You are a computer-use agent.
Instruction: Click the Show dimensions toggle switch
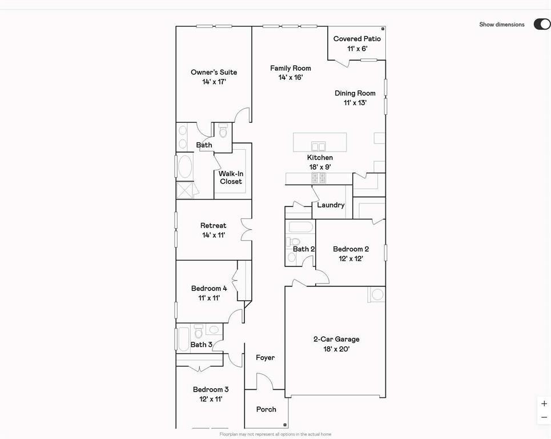(x=541, y=24)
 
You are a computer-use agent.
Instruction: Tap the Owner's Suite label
(x=214, y=73)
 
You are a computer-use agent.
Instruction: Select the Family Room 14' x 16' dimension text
(x=290, y=77)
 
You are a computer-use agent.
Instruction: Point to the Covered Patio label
(x=357, y=39)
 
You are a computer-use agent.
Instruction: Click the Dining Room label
(x=355, y=93)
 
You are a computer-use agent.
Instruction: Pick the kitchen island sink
(x=318, y=146)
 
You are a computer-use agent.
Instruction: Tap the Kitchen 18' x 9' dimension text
(x=320, y=167)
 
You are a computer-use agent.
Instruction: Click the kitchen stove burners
(x=318, y=178)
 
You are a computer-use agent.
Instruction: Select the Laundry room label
(x=331, y=205)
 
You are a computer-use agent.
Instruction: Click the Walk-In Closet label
(x=231, y=177)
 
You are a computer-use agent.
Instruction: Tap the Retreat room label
(x=213, y=226)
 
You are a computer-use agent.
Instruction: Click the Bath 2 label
(x=304, y=249)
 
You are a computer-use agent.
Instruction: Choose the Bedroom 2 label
(x=351, y=249)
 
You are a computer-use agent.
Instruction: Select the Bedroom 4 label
(x=209, y=289)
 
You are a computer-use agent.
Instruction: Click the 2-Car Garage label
(x=336, y=339)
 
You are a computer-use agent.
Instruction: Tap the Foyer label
(x=265, y=358)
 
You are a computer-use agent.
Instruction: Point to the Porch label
(x=266, y=409)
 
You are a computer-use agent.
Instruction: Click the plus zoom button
(x=544, y=404)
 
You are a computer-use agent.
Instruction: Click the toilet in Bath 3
(x=198, y=331)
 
